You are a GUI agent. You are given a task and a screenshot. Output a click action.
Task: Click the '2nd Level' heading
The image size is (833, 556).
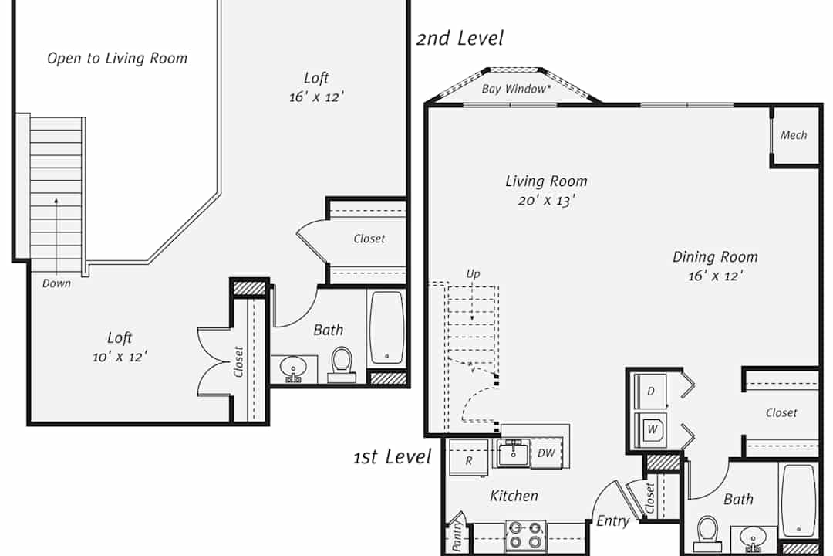(x=460, y=39)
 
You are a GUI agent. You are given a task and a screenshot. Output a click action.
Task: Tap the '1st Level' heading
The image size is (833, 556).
(x=393, y=456)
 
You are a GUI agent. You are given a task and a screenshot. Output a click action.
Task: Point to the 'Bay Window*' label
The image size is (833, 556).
(x=516, y=89)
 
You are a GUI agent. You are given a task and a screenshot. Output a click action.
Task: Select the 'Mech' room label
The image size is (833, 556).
(x=794, y=135)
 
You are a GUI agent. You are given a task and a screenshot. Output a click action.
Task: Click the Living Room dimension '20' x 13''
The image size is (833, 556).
(x=547, y=201)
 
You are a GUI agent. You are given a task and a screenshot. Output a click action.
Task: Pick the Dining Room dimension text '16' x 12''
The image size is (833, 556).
(x=715, y=276)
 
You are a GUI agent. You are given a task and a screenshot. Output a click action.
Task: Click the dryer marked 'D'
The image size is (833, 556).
(x=651, y=392)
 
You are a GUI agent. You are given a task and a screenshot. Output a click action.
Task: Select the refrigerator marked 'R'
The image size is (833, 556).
(x=469, y=457)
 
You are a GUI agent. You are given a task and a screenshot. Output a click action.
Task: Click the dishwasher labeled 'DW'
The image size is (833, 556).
(x=546, y=453)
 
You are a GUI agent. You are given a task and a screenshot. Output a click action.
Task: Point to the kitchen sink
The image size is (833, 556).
(x=513, y=454)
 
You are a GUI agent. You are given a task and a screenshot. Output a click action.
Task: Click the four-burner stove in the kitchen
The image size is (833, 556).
(x=525, y=535)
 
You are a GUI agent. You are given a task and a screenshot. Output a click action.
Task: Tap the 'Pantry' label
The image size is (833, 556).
(x=457, y=535)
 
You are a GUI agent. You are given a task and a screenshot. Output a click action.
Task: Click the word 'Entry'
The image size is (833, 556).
(x=612, y=521)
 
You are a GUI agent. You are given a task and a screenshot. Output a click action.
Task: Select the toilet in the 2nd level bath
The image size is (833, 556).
(x=342, y=364)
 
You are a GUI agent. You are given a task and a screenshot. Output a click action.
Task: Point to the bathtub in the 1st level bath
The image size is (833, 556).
(x=798, y=500)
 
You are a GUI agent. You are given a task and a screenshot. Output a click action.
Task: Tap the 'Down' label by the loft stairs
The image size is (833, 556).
(x=57, y=283)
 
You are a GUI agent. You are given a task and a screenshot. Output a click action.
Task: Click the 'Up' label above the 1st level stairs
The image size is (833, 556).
(x=473, y=274)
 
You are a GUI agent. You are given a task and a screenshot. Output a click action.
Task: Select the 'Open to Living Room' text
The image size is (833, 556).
(x=117, y=58)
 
